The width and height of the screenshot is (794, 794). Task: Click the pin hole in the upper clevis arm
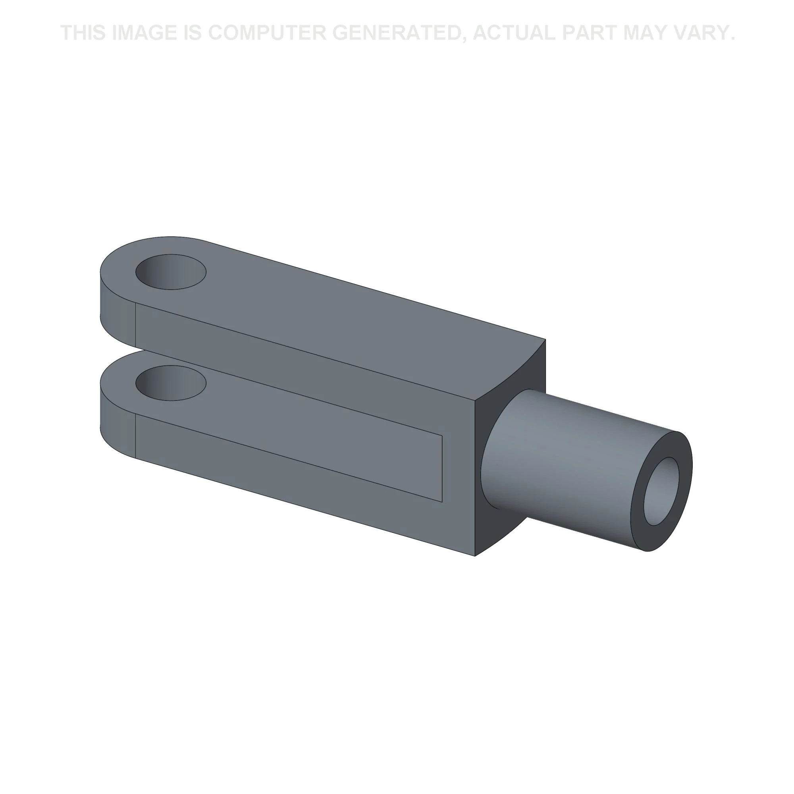[x=171, y=272]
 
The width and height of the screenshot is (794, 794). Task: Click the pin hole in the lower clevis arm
[x=171, y=383]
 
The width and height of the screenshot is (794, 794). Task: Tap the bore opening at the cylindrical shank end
[x=661, y=491]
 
